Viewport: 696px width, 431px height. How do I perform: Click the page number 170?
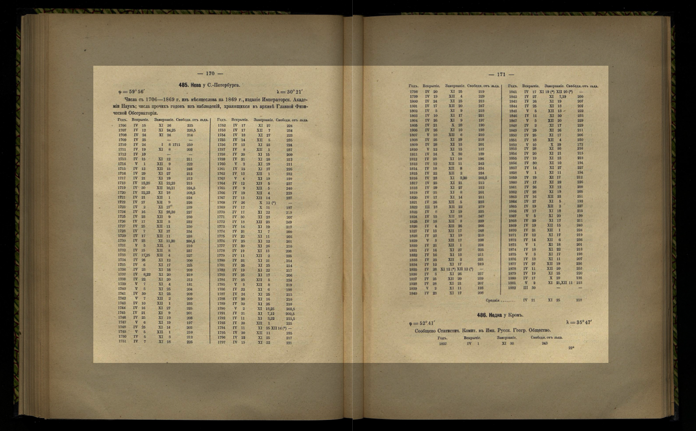pos(210,74)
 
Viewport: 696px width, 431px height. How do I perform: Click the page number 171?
pos(501,74)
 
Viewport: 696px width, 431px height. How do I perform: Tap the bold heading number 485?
pos(183,85)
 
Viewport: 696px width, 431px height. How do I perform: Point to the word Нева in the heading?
pos(196,85)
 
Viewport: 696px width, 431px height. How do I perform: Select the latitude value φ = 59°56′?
pos(131,92)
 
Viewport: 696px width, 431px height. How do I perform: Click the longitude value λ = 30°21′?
pos(289,92)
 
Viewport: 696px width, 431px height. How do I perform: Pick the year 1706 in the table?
pos(122,126)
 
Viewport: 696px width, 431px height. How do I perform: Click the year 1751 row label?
pos(122,341)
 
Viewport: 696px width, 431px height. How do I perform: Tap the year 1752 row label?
pos(221,126)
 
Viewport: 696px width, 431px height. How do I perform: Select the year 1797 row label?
pos(221,342)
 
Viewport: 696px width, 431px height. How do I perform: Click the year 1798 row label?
pos(413,91)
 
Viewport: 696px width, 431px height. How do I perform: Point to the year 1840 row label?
pos(413,293)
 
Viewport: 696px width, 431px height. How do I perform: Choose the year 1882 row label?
pos(512,288)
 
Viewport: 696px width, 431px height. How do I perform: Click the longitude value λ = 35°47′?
pos(579,322)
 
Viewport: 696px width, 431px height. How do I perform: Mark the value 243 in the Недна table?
pos(545,343)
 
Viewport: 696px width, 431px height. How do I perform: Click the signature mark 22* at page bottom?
pos(571,348)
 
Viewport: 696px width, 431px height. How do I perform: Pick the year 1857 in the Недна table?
pos(443,343)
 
